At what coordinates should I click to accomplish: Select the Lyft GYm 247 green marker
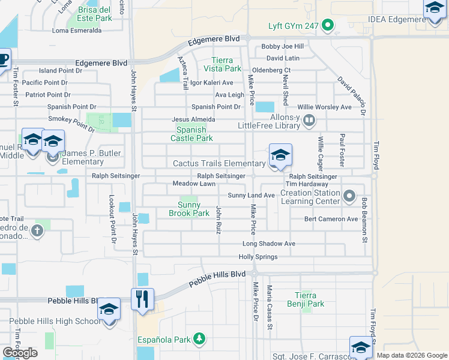click(x=327, y=25)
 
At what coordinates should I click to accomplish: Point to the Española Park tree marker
click(x=199, y=340)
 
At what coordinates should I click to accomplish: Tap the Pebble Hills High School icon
click(x=109, y=310)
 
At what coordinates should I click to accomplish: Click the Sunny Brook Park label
click(x=188, y=209)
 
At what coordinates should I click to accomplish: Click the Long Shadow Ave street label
click(x=269, y=244)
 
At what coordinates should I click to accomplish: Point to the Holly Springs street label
click(x=258, y=257)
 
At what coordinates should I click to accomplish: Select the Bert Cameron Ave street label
click(x=331, y=219)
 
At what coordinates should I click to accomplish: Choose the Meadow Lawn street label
click(x=193, y=184)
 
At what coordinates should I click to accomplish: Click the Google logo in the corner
click(x=20, y=352)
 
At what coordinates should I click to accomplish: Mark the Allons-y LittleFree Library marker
click(x=309, y=121)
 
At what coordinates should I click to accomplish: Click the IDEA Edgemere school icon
click(x=435, y=10)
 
